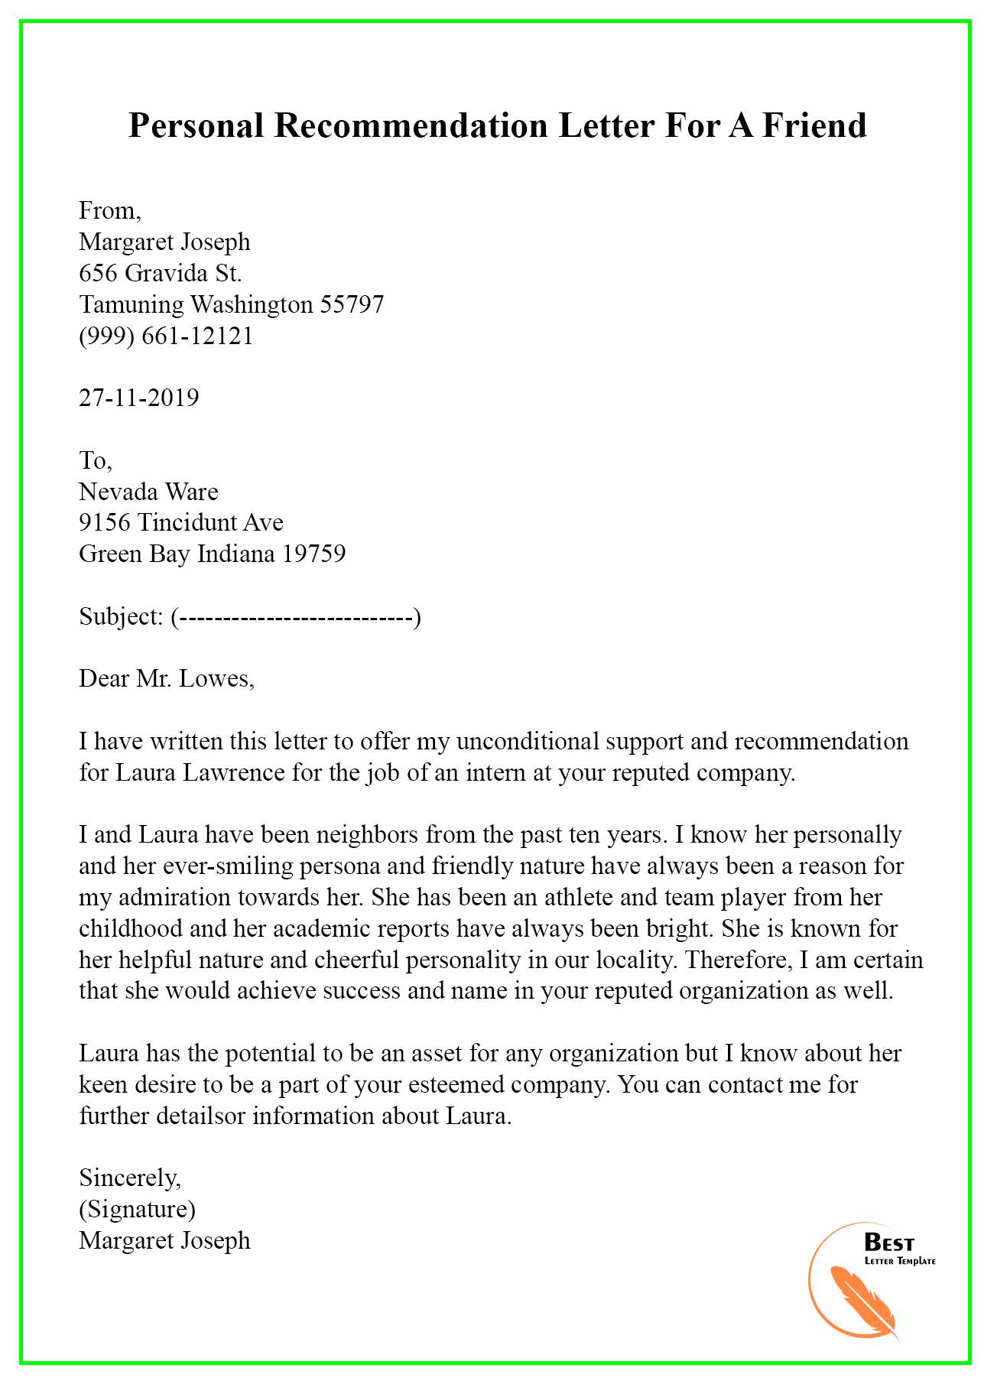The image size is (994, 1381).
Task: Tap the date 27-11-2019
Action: tap(138, 398)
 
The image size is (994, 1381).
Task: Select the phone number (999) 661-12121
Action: tap(166, 336)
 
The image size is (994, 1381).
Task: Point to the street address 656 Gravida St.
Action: tap(161, 273)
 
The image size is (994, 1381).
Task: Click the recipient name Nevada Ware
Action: tap(148, 491)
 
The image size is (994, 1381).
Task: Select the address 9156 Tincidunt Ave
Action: tap(181, 522)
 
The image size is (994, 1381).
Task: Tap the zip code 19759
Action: tap(313, 554)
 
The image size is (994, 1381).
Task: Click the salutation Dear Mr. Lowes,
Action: tap(166, 678)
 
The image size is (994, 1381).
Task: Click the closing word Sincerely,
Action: tap(130, 1178)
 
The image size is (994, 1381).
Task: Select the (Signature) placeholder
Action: tap(137, 1210)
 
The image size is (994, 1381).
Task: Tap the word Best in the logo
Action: tap(888, 1243)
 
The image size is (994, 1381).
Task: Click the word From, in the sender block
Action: tap(110, 210)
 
